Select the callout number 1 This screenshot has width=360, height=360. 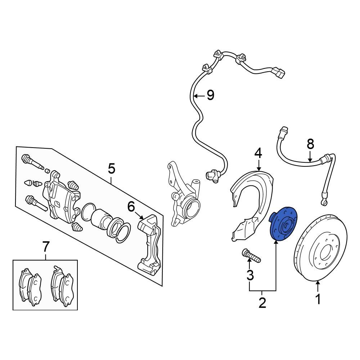point(318,299)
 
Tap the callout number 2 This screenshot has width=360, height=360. point(262,302)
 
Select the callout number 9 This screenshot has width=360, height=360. point(210,95)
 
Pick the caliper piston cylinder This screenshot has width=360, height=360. point(101,220)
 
